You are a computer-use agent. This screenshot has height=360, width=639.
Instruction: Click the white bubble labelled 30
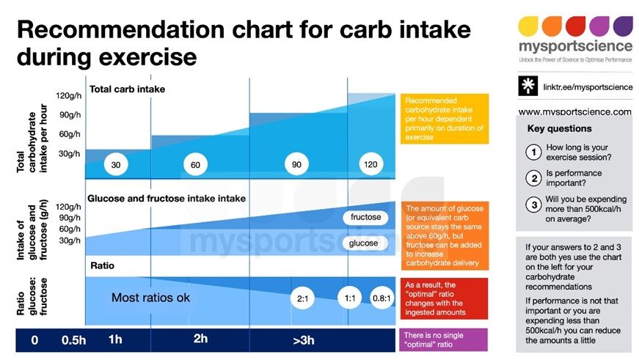(115, 165)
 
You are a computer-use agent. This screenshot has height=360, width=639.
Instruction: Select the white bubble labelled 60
(195, 165)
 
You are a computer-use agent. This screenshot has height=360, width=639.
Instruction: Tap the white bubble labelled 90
(296, 164)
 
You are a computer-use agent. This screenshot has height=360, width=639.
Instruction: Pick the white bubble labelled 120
(370, 164)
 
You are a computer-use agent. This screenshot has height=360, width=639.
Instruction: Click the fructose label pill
(366, 218)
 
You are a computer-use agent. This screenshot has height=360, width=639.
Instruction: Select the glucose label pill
(365, 243)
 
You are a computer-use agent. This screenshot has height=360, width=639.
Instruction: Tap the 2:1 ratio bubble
(304, 298)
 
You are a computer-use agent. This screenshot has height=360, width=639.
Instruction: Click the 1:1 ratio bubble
(349, 298)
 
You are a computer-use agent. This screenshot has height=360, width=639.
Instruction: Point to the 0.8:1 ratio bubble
(381, 298)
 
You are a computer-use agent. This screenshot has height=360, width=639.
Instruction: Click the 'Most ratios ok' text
(150, 298)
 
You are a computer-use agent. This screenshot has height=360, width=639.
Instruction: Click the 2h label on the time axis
(200, 339)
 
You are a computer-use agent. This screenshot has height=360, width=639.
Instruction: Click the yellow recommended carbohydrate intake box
(443, 118)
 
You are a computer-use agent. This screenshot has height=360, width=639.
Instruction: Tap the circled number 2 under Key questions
(533, 178)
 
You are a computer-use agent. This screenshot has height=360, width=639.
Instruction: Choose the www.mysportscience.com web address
(574, 112)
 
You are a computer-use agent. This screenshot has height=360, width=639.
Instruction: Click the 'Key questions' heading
(559, 129)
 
